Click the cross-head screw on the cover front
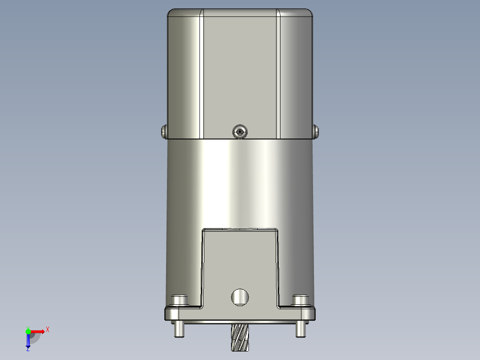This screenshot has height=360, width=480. tap(240, 131)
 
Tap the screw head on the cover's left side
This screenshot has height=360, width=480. tap(163, 131)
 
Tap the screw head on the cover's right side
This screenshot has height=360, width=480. tap(317, 131)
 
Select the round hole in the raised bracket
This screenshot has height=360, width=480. tap(240, 297)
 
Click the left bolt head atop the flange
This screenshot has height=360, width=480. tap(179, 300)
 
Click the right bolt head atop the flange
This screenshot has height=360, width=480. tap(300, 300)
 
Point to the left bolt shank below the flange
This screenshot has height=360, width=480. tap(179, 329)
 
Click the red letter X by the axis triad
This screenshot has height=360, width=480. tap(48, 330)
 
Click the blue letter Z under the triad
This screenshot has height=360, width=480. tap(28, 349)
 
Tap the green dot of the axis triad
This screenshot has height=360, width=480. tap(28, 331)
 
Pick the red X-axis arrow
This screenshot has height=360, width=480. tap(38, 331)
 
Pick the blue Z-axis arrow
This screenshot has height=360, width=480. tap(28, 341)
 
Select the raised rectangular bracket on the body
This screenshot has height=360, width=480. tap(240, 263)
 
